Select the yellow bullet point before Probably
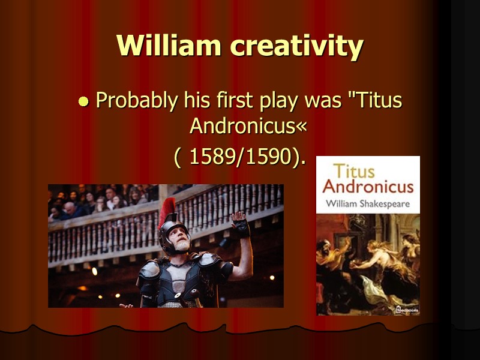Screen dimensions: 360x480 [x=83, y=102]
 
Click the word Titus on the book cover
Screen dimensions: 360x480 [x=354, y=171]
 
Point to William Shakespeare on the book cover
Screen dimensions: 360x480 [x=368, y=203]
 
